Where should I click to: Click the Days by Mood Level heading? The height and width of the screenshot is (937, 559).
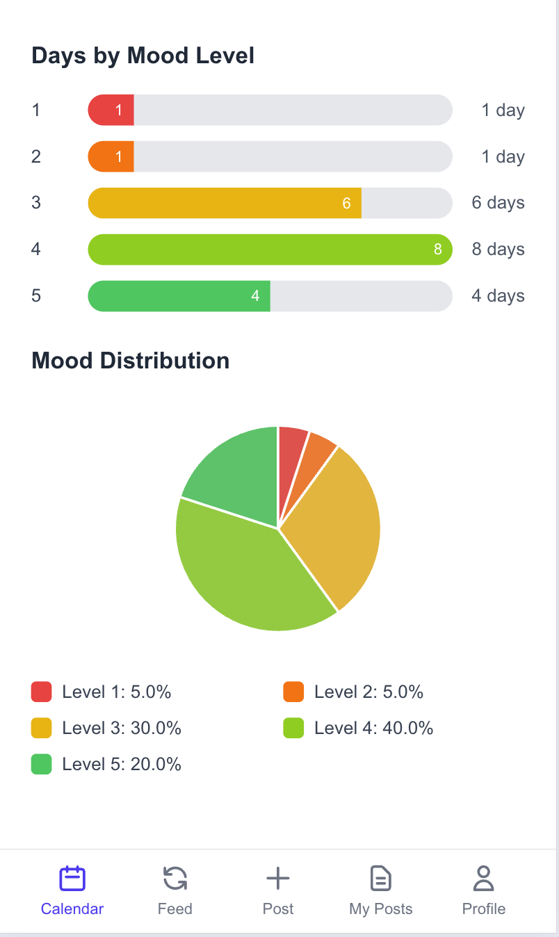(143, 56)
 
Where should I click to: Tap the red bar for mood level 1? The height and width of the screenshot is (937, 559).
(111, 110)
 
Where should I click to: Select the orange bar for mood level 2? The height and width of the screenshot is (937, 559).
(111, 156)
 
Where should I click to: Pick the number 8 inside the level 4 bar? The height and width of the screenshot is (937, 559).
(437, 250)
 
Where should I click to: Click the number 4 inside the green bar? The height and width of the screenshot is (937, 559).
(255, 296)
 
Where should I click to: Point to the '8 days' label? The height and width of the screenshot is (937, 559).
(498, 250)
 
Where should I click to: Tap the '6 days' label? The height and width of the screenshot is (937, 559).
(498, 203)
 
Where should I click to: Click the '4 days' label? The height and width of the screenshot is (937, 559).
(498, 296)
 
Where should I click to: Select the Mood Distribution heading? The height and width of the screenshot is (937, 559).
(130, 361)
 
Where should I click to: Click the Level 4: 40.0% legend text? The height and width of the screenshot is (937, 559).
(373, 728)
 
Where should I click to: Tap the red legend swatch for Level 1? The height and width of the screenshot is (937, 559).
(42, 692)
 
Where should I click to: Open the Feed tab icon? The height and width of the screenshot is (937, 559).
(175, 879)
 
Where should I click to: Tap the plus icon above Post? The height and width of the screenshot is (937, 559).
(278, 879)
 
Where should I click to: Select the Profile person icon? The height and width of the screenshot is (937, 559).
(483, 879)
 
